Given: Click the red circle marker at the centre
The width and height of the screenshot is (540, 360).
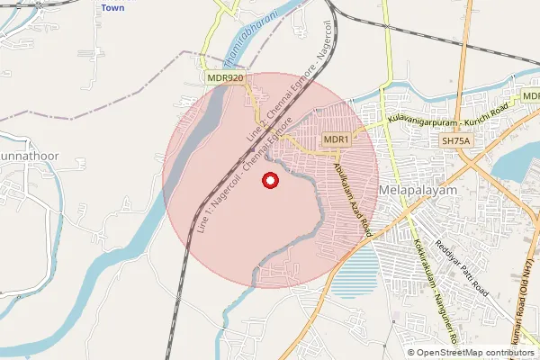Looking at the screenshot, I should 269,182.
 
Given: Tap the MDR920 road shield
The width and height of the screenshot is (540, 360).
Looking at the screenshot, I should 225,78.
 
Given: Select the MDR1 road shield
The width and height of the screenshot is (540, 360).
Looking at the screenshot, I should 336,139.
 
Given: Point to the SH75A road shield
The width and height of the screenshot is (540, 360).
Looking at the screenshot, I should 456,141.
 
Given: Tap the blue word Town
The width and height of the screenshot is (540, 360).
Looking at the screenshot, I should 112,7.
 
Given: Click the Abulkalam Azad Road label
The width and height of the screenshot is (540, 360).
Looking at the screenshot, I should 352,199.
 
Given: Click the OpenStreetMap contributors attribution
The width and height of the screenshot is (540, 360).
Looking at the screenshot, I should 472,352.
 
